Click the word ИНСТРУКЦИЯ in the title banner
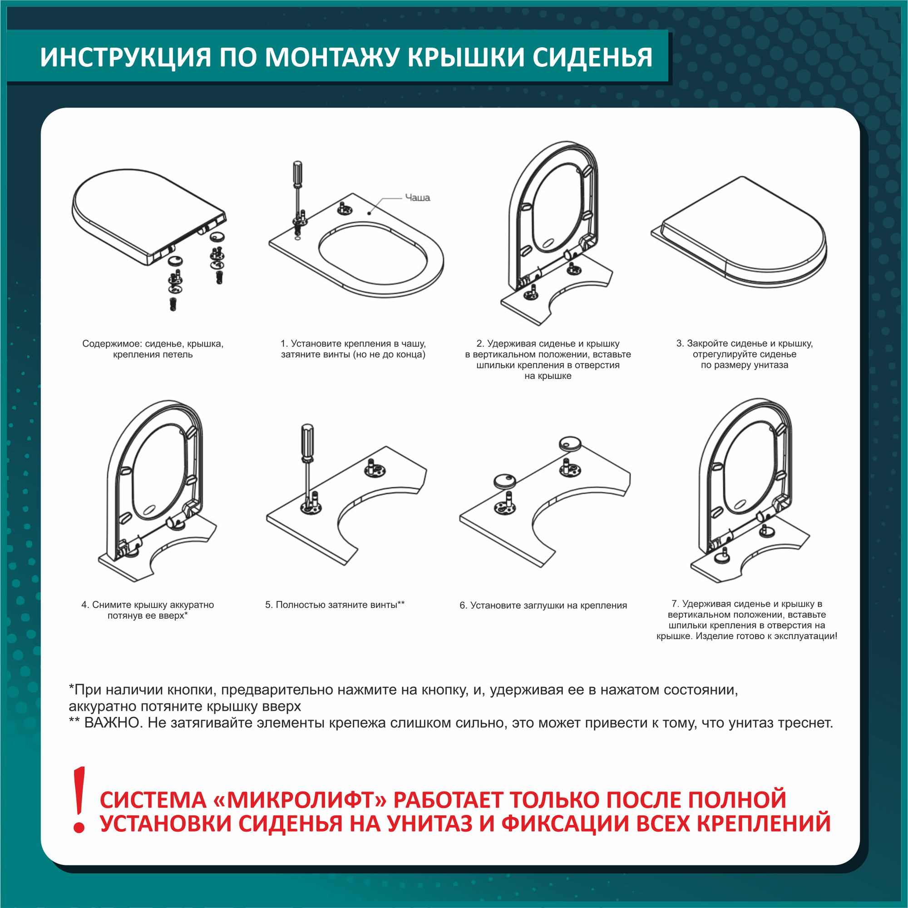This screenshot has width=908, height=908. (125, 57)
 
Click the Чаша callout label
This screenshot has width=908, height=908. (417, 198)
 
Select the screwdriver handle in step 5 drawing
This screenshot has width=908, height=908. (307, 442)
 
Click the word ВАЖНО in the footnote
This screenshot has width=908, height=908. (113, 723)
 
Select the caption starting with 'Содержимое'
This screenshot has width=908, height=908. (153, 349)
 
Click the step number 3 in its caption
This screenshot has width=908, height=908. (679, 343)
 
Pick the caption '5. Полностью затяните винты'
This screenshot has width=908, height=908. (335, 604)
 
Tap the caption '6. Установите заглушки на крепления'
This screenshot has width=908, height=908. (543, 605)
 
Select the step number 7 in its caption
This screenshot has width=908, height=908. (676, 604)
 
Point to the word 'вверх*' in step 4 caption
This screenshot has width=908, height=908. (173, 615)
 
